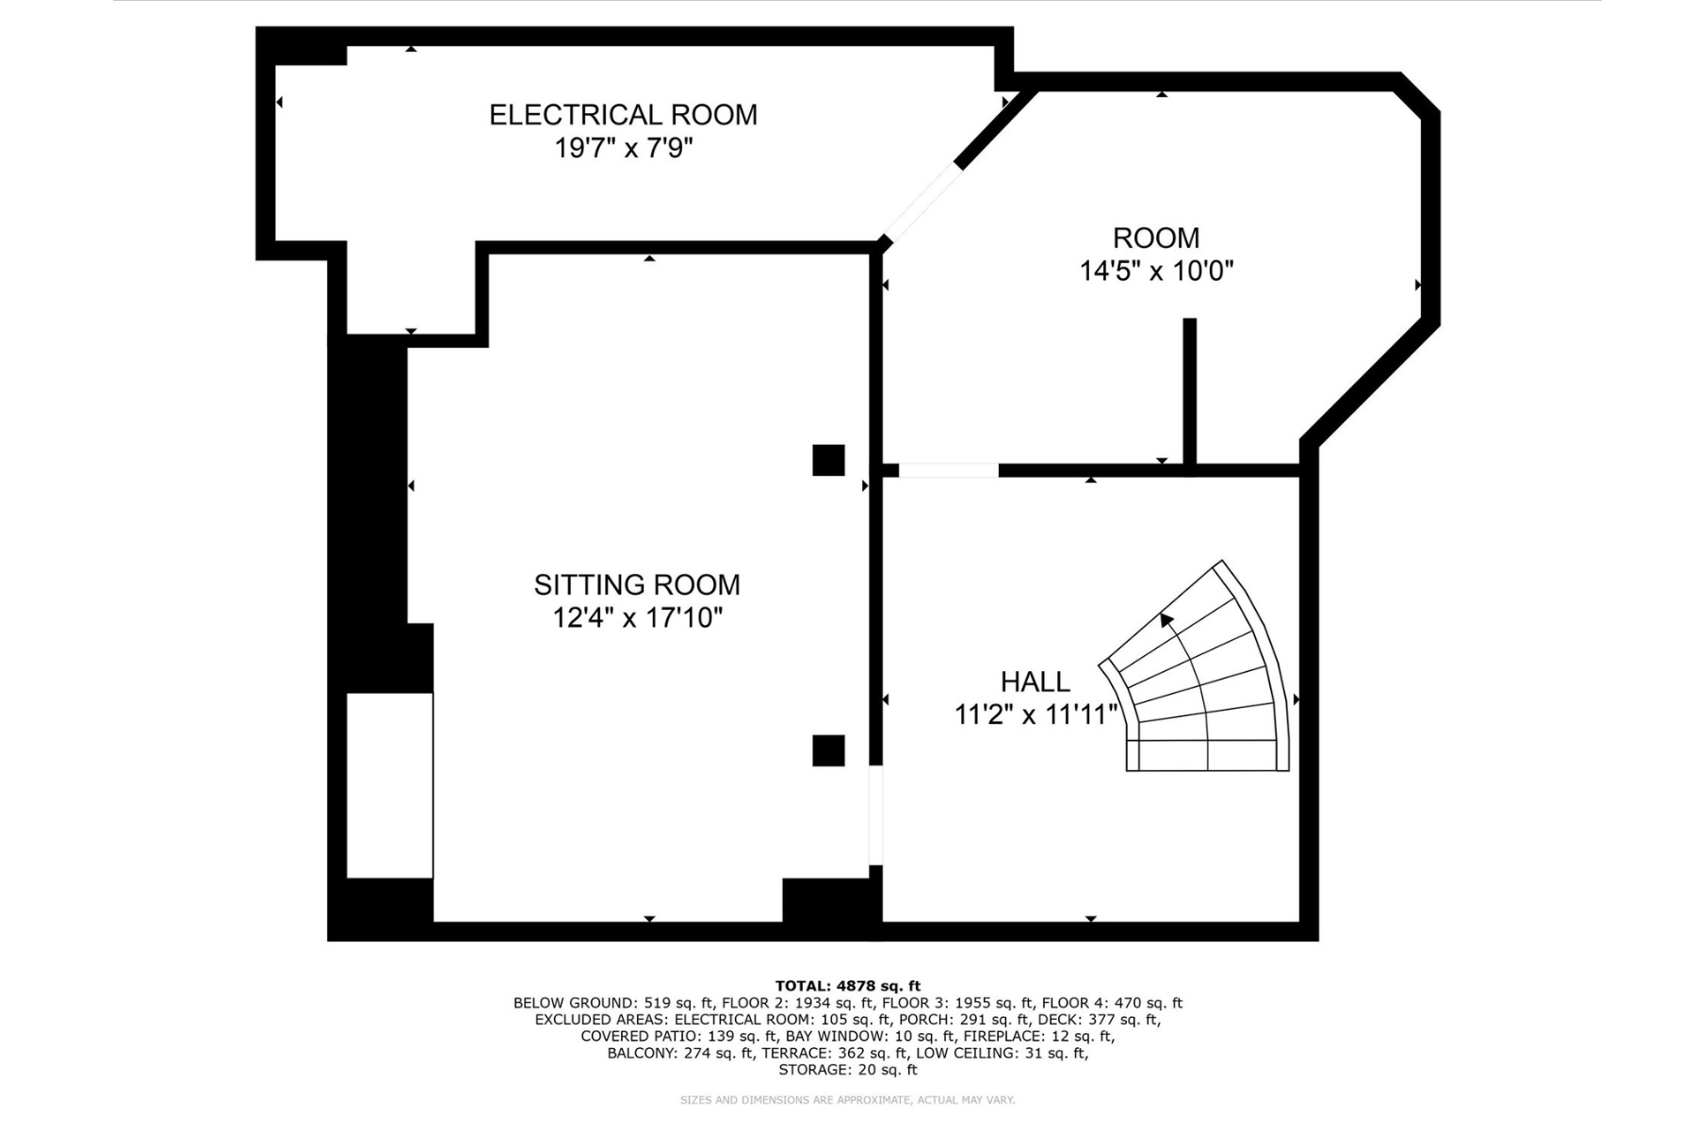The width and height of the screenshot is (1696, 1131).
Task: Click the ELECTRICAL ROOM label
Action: click(623, 115)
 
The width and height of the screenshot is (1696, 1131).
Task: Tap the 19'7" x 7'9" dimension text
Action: click(624, 149)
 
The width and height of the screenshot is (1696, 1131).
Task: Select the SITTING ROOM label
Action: click(637, 585)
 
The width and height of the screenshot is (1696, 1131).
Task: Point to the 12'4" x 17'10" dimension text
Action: click(638, 618)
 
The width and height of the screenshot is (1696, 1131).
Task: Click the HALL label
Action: click(1036, 681)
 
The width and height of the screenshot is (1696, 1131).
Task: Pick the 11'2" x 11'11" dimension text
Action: click(1036, 715)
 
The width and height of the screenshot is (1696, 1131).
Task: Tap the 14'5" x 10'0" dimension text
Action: click(1156, 271)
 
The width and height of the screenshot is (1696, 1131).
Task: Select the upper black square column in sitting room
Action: click(829, 460)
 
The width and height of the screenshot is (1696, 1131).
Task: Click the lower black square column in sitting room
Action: click(829, 750)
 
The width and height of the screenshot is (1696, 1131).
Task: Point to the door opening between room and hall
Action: click(949, 470)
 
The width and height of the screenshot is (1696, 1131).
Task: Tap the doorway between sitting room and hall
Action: click(875, 814)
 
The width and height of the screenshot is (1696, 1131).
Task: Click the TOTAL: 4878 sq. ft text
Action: click(848, 986)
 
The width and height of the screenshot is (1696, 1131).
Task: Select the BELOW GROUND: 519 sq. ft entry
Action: click(613, 1003)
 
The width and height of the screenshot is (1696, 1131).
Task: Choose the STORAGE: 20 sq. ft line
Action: click(848, 1070)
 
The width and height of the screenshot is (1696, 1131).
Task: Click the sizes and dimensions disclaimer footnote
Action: click(848, 1100)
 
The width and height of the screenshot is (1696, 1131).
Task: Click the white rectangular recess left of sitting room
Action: click(390, 786)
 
